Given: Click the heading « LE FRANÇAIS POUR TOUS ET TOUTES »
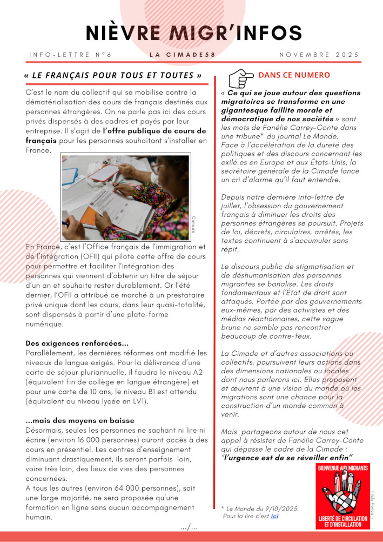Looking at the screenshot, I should [113, 75].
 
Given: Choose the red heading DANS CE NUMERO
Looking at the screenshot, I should [294, 75].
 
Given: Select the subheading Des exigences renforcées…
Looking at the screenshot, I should [77, 343].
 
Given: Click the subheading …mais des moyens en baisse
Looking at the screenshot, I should [80, 420].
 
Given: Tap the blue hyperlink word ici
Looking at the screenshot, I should [274, 516].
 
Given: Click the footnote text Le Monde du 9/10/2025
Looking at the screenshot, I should [263, 508].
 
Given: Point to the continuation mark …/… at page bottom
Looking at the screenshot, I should [189, 527].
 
